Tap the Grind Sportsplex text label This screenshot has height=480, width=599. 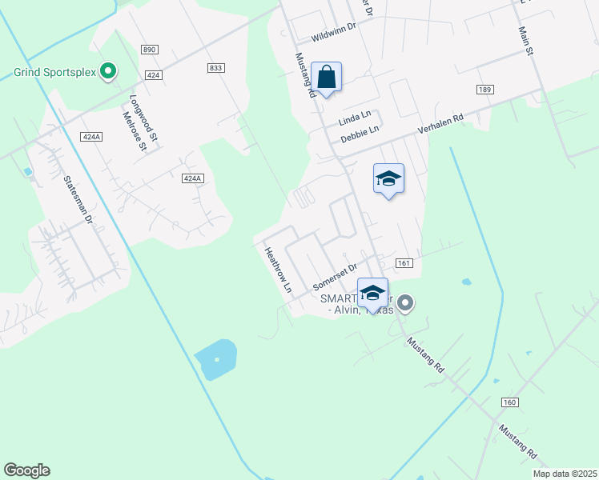click(54, 72)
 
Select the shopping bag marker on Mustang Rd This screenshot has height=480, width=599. click(326, 78)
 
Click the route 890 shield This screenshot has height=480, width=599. click(149, 50)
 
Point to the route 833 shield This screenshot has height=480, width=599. click(215, 68)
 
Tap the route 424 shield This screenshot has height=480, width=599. click(154, 74)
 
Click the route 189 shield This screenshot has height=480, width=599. click(484, 89)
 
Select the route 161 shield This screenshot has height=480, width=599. click(404, 263)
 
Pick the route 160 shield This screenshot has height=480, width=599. click(510, 402)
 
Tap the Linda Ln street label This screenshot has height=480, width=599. click(355, 119)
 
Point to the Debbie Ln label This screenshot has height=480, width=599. click(359, 133)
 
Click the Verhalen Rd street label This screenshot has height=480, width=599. click(440, 124)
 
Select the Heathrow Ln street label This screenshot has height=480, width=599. click(278, 269)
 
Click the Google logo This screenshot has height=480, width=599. click(27, 470)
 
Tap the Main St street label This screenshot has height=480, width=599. click(526, 40)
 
